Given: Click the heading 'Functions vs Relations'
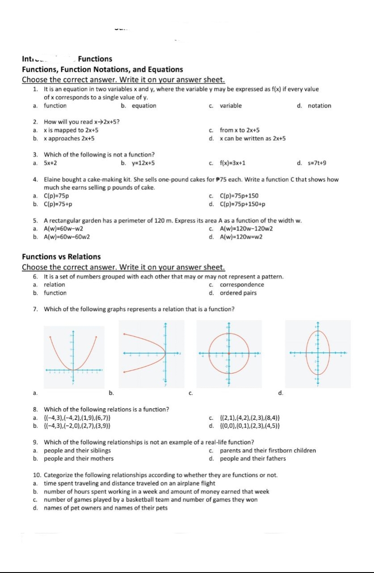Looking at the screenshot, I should point(61,257).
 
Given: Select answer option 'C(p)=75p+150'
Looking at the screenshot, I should point(239,196).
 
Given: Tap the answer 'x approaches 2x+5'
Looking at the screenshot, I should point(69,138).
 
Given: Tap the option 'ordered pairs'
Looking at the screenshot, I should point(238,293).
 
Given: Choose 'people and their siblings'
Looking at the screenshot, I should point(77,450).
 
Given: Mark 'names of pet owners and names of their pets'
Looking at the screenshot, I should point(106,508).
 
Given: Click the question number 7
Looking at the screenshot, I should point(35,309).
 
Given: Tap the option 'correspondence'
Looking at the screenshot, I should point(242,285).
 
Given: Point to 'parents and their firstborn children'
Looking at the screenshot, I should point(268,450).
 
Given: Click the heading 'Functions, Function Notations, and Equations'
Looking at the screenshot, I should point(102,69).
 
